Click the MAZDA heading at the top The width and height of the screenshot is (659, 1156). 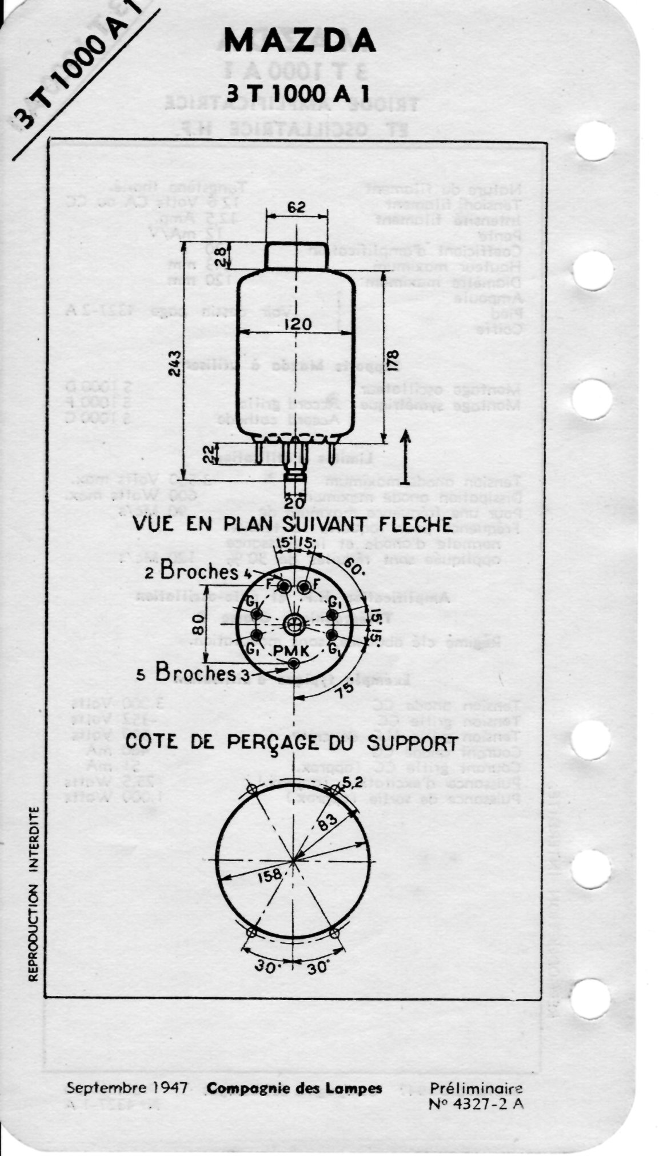[x=301, y=41]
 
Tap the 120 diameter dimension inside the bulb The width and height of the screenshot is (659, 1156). [x=296, y=325]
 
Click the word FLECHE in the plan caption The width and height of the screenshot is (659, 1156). [x=412, y=524]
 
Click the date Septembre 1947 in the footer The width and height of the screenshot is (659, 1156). [x=127, y=1087]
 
